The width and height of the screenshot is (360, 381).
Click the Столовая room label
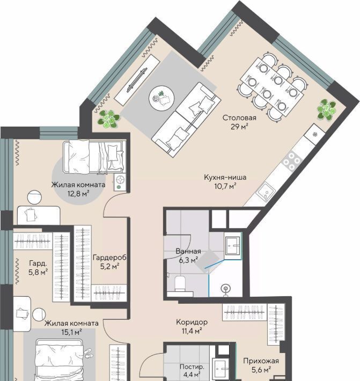coord(239,118)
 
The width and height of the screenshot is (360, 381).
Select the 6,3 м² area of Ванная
coord(188,260)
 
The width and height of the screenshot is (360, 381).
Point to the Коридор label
coord(192,322)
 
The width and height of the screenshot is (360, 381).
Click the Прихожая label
coord(261,361)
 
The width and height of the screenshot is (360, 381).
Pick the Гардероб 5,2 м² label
coord(109,262)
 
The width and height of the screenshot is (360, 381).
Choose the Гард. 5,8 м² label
coord(38,268)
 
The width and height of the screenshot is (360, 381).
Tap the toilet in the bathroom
coord(180,283)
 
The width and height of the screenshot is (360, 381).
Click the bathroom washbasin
coord(232,246)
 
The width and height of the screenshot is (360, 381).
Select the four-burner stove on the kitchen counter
coord(292,160)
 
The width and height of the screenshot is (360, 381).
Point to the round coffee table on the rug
coord(161,98)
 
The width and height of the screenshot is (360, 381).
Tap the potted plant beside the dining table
coord(327,109)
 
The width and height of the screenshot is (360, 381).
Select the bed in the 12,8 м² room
coord(94,157)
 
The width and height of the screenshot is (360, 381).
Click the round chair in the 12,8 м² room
coord(34,197)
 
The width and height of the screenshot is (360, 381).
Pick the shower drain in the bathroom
coord(226,289)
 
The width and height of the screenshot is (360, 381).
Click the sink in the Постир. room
coord(221,369)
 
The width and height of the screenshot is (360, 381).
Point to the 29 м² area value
coord(239,127)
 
